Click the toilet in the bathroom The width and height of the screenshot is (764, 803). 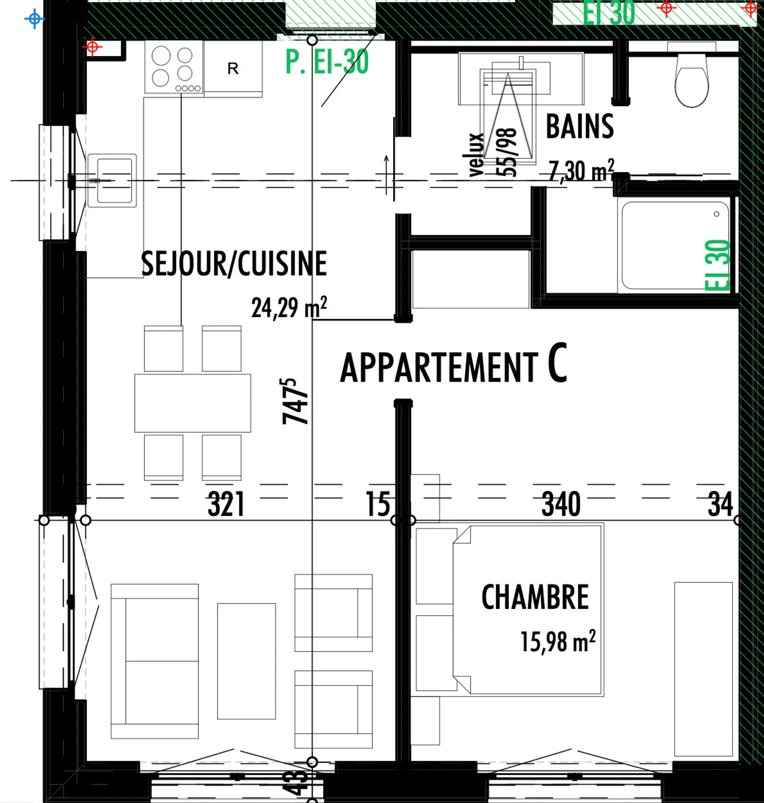click(x=691, y=80)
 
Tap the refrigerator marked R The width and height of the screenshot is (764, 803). click(x=233, y=68)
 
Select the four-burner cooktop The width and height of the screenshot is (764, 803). click(x=173, y=67)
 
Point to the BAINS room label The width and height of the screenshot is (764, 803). click(x=579, y=127)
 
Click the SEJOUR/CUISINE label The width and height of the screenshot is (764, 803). click(x=233, y=263)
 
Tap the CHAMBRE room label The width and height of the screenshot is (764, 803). click(x=535, y=597)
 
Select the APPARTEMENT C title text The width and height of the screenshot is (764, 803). click(x=453, y=365)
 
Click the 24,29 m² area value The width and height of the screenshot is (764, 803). click(x=289, y=307)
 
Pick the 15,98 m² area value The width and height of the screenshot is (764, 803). click(x=557, y=641)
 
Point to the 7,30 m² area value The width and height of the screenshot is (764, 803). click(x=581, y=171)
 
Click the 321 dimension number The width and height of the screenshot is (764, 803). click(x=226, y=504)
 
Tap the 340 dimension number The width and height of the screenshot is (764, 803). click(x=561, y=504)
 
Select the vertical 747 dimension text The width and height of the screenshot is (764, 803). click(x=295, y=401)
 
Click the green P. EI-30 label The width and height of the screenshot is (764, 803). click(x=327, y=62)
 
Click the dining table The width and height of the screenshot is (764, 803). click(x=193, y=403)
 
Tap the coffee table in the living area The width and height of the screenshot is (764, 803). click(x=246, y=661)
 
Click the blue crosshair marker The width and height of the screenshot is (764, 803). click(x=34, y=19)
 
